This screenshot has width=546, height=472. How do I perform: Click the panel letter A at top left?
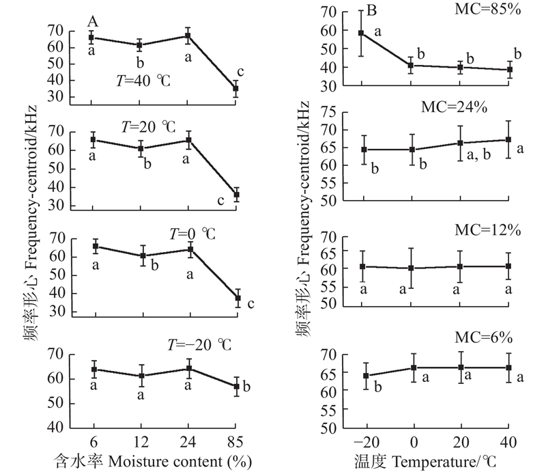(x=93, y=22)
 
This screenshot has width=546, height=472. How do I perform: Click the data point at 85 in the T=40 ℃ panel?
(x=236, y=88)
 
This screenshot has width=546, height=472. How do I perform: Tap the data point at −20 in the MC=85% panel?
(x=361, y=33)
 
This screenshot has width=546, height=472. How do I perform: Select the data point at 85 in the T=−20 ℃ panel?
(x=236, y=387)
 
